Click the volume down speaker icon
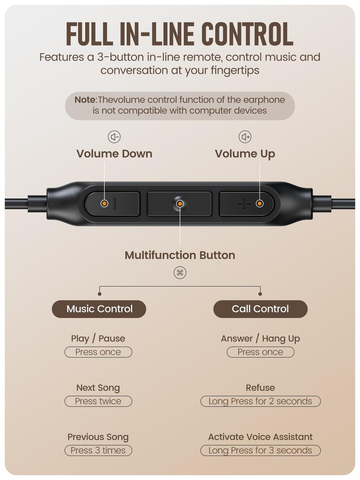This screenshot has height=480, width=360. point(114,137)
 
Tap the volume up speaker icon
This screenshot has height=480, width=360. point(245,137)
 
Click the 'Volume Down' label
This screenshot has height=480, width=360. point(114,154)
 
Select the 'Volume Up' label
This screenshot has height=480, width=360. point(245,154)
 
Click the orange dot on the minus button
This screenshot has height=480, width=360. point(104,204)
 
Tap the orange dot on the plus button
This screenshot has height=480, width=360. point(260,204)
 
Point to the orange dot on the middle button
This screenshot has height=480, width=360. point(180,204)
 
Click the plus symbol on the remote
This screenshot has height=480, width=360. point(243,204)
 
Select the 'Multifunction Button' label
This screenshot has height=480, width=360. point(180,255)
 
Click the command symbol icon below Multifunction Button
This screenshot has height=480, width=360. point(180,273)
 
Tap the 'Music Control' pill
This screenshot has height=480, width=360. point(99,309)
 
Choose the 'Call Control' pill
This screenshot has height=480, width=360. point(260,309)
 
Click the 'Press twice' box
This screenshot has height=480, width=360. point(98,401)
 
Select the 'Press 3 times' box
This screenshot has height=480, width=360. point(98,450)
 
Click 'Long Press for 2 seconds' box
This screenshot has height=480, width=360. point(260,401)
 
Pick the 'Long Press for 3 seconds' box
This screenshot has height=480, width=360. point(260,450)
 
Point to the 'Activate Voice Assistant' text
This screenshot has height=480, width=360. point(260,437)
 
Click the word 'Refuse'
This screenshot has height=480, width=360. point(260,388)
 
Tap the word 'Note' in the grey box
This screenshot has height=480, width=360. point(85,100)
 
